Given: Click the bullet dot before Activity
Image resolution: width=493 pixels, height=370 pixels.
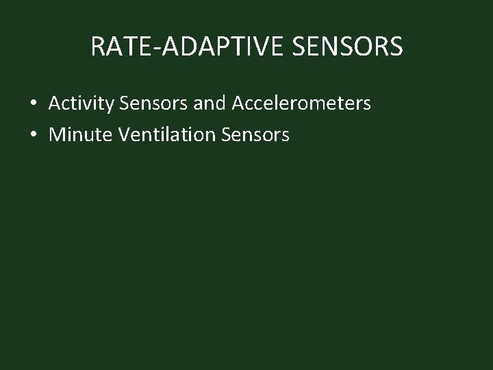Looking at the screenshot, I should pos(33,104).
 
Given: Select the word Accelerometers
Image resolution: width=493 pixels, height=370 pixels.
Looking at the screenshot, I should pos(301,104).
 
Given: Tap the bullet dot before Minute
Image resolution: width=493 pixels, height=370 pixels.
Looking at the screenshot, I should pos(33,135).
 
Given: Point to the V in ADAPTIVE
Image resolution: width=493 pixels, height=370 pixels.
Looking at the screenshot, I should pos(247,47).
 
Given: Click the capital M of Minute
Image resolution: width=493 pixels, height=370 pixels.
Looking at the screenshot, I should pos(57,135).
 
